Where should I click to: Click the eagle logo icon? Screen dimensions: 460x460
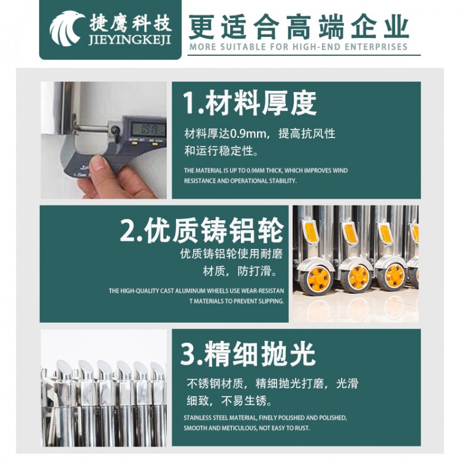(x=66, y=28)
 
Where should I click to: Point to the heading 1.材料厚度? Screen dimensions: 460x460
(x=250, y=103)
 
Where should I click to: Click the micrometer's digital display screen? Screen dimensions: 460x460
(x=149, y=129)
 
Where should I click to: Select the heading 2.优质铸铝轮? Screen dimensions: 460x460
(x=202, y=230)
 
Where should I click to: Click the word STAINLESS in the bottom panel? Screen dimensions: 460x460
(x=197, y=418)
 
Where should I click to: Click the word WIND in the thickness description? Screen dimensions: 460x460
(x=340, y=171)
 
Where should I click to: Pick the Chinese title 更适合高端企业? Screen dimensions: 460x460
(x=299, y=27)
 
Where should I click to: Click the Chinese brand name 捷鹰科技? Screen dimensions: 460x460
(x=130, y=23)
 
